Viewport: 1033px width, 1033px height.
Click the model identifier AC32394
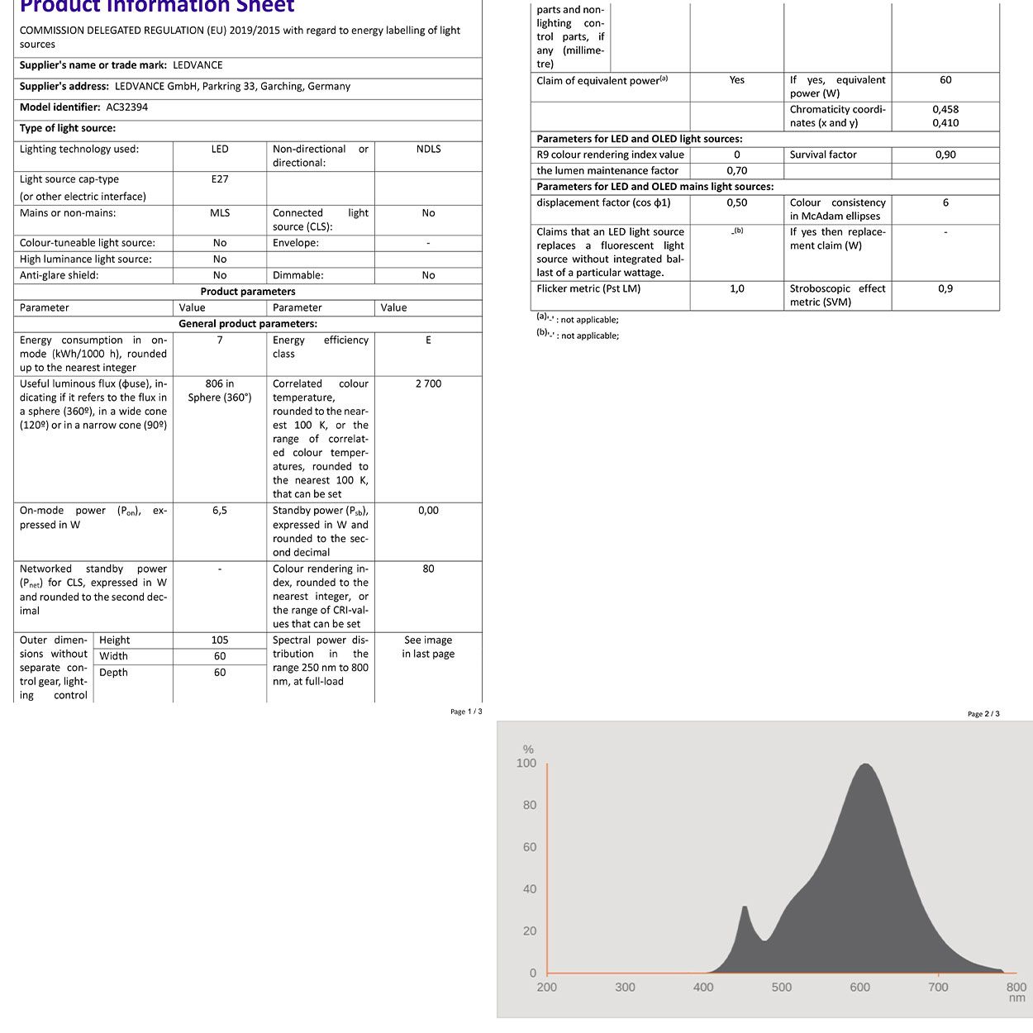[x=127, y=107]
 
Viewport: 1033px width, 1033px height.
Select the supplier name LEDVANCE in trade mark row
[x=198, y=65]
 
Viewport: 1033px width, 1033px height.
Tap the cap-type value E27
[x=220, y=179]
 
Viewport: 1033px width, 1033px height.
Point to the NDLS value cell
[x=428, y=150]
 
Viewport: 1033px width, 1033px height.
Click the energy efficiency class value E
[x=428, y=340]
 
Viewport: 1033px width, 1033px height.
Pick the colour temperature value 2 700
[x=428, y=384]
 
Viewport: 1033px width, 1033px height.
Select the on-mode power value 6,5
[x=220, y=511]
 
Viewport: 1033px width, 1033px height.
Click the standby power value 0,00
[x=428, y=511]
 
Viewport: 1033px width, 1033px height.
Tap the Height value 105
[x=220, y=640]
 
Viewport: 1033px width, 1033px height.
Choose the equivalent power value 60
[x=945, y=80]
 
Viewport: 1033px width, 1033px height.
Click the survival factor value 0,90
[x=945, y=155]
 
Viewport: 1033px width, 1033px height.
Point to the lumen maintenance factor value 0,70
[x=736, y=171]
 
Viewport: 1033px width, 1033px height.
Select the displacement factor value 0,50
[x=736, y=203]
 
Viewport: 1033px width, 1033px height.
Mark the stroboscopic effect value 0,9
[x=945, y=289]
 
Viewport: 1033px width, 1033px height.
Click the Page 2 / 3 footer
[x=983, y=714]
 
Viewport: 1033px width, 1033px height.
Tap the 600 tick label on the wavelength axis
[x=859, y=987]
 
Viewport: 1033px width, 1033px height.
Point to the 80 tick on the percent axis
[x=530, y=805]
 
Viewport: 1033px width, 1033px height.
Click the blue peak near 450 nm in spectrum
[x=745, y=908]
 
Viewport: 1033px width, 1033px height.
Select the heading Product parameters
[x=248, y=292]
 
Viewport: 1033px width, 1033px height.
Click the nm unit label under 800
[x=1017, y=998]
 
